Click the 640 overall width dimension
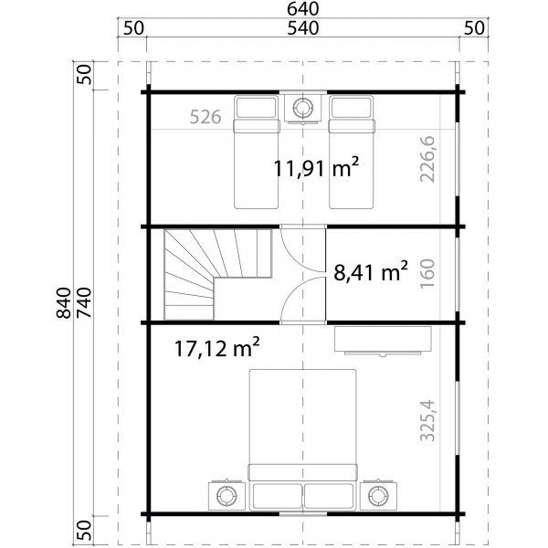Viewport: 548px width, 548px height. (301, 9)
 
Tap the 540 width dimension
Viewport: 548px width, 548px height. (301, 28)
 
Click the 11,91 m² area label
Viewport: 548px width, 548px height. (316, 167)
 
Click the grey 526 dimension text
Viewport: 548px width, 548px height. (207, 117)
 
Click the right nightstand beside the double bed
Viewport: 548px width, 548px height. (377, 496)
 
